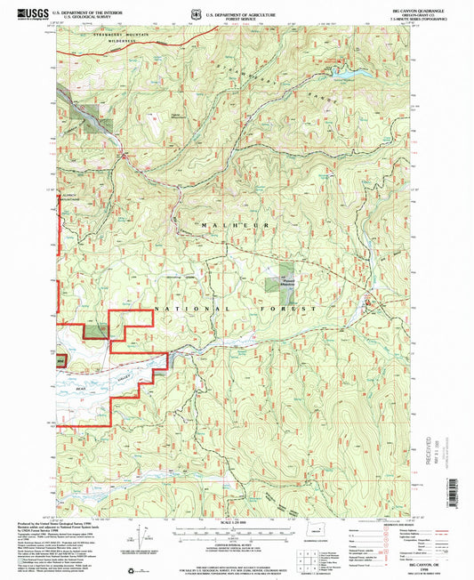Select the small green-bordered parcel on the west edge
(x=60, y=361)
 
